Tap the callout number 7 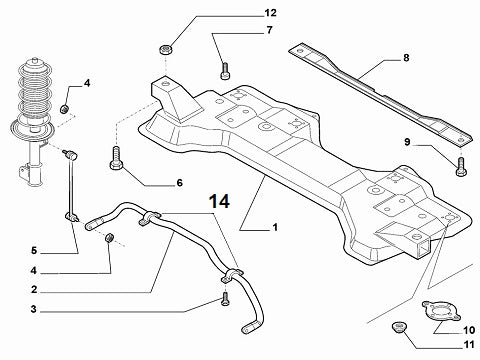pyautogui.click(x=268, y=31)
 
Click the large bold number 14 pyautogui.click(x=220, y=201)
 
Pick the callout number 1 pyautogui.click(x=274, y=228)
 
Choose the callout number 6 pyautogui.click(x=180, y=183)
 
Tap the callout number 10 pyautogui.click(x=469, y=329)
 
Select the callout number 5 pyautogui.click(x=32, y=250)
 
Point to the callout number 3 pyautogui.click(x=32, y=309)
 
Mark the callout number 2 pyautogui.click(x=32, y=289)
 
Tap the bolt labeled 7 pyautogui.click(x=225, y=69)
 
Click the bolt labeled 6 pyautogui.click(x=118, y=157)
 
